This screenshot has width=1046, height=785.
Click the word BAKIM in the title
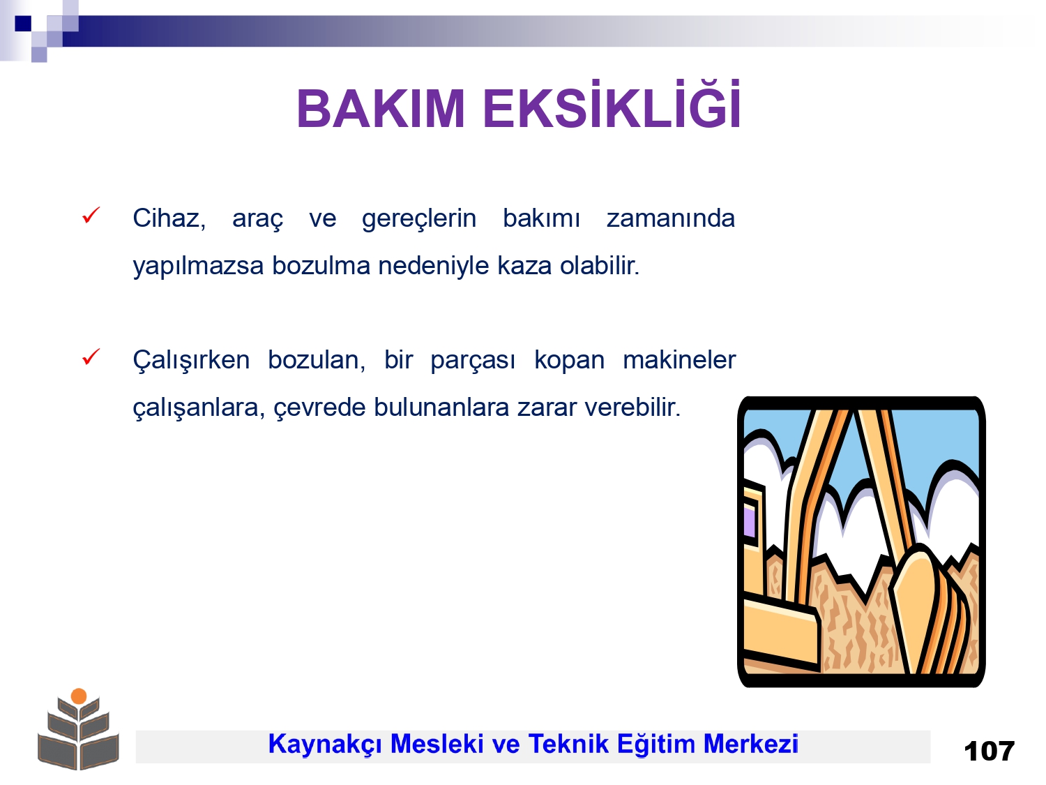pos(380,109)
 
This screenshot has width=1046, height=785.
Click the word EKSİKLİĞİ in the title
pos(612,105)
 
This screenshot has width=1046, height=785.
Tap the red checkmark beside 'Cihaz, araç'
pos(91,215)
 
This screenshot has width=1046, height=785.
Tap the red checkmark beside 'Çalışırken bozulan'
pos(91,357)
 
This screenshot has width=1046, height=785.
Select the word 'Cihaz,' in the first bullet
pos(169,218)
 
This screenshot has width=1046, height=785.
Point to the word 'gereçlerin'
pos(419,220)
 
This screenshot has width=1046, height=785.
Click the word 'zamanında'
pos(671,218)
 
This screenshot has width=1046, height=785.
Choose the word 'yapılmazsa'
pos(198,266)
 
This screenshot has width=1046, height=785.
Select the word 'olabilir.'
pos(600,265)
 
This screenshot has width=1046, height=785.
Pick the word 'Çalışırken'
pos(191,360)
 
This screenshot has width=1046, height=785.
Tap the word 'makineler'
pos(679,360)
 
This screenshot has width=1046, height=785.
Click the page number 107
pos(989,752)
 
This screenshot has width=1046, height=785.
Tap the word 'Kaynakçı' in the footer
pos(324,745)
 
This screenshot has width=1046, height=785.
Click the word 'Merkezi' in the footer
pos(750,744)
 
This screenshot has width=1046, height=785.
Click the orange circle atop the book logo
pos(79,696)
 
